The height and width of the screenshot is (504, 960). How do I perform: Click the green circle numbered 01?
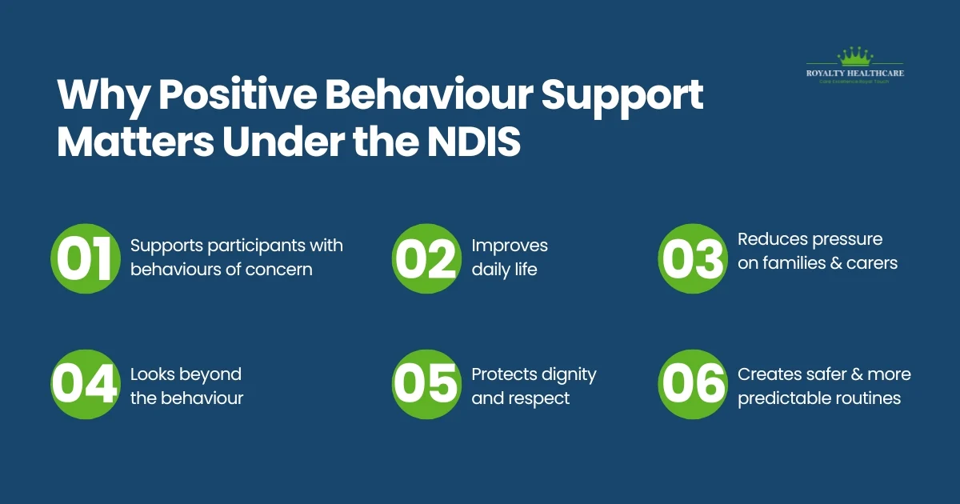84,258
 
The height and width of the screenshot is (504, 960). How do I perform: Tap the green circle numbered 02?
425,258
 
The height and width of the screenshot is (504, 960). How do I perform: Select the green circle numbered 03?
691,258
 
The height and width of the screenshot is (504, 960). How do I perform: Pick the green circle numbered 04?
84,385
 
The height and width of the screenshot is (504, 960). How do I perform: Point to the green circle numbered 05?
425,385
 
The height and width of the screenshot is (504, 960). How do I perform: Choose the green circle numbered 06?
691,385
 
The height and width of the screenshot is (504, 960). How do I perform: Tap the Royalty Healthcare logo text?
855,74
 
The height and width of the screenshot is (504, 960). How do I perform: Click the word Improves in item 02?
510,245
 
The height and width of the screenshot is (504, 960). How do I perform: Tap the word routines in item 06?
867,398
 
